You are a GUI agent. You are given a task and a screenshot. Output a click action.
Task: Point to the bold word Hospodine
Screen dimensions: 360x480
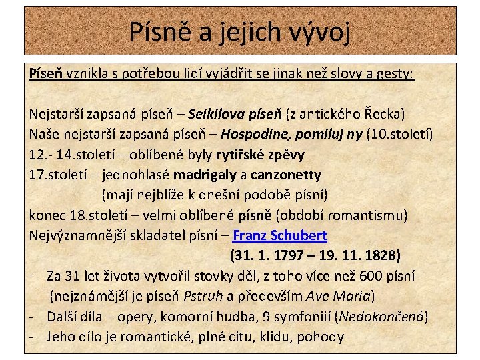point(257,135)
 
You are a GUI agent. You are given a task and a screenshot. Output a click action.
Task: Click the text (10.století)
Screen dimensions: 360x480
point(400,135)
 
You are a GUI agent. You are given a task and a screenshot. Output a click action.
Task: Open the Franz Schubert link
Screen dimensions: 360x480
point(280,235)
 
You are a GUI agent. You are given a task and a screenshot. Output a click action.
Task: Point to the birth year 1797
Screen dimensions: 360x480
point(291,255)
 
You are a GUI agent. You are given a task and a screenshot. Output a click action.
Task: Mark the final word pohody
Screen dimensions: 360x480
point(321,336)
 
